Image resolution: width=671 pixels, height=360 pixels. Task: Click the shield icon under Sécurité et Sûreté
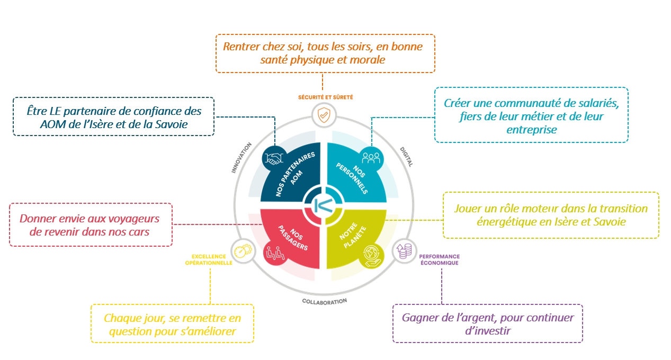click(x=324, y=115)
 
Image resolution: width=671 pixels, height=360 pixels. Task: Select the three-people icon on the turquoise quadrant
click(x=371, y=158)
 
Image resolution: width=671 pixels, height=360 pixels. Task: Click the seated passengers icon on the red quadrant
click(x=275, y=253)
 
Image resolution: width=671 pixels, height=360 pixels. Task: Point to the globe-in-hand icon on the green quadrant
click(x=372, y=256)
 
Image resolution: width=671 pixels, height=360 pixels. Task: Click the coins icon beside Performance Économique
click(x=404, y=251)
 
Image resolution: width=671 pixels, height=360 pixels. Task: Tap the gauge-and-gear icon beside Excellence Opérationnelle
click(x=243, y=251)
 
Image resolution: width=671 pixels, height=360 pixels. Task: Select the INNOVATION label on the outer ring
click(x=241, y=158)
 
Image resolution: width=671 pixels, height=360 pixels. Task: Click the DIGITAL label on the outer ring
click(x=407, y=157)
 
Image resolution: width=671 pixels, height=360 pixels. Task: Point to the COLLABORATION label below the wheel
click(x=325, y=302)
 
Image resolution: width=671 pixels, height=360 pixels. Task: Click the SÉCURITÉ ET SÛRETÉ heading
click(x=325, y=97)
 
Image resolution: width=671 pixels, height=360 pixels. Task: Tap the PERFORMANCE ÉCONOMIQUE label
click(x=440, y=259)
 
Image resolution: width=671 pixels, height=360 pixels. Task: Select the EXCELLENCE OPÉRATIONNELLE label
click(x=209, y=259)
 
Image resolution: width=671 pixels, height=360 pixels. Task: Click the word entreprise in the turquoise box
click(x=531, y=130)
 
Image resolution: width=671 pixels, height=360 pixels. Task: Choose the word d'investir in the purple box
click(x=488, y=331)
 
